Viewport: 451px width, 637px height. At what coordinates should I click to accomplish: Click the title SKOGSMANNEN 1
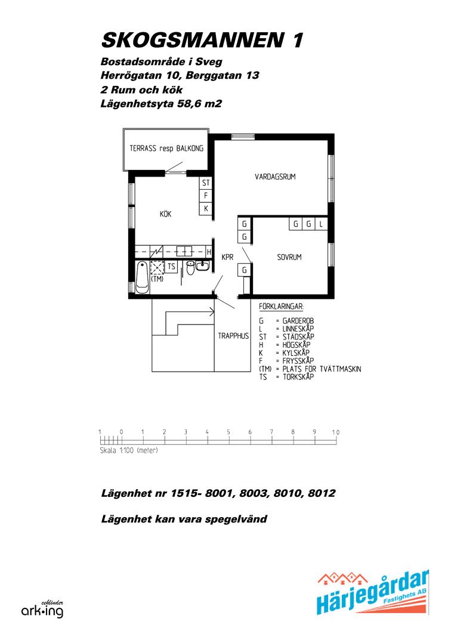[202, 40]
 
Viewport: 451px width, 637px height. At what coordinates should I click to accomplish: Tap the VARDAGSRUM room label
[275, 177]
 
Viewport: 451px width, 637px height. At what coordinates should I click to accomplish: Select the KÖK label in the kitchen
[165, 214]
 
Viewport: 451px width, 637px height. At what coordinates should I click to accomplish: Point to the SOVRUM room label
[289, 257]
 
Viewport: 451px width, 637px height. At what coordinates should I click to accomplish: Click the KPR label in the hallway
[227, 257]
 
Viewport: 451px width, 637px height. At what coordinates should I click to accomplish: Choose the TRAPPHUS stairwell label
[233, 336]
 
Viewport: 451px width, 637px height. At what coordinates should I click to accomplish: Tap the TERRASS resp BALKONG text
[166, 149]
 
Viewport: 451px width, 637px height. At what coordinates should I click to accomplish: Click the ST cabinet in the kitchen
[206, 183]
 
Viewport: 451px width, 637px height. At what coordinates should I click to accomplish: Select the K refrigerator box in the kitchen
[206, 208]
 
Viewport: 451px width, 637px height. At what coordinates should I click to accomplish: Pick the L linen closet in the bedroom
[321, 224]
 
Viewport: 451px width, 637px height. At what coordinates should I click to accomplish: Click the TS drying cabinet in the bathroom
[171, 267]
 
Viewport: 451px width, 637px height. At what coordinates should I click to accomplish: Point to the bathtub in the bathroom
[142, 277]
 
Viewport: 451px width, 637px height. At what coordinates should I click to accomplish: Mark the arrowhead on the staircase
[212, 313]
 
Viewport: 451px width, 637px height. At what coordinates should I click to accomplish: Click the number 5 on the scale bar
[228, 432]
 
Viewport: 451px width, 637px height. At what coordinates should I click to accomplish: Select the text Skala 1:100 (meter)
[129, 450]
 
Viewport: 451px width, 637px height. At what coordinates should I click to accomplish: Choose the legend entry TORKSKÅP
[298, 376]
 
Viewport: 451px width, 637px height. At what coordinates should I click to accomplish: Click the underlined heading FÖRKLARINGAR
[281, 307]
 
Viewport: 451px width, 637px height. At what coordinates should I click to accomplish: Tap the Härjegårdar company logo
[373, 592]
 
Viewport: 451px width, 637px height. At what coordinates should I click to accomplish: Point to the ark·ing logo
[42, 610]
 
